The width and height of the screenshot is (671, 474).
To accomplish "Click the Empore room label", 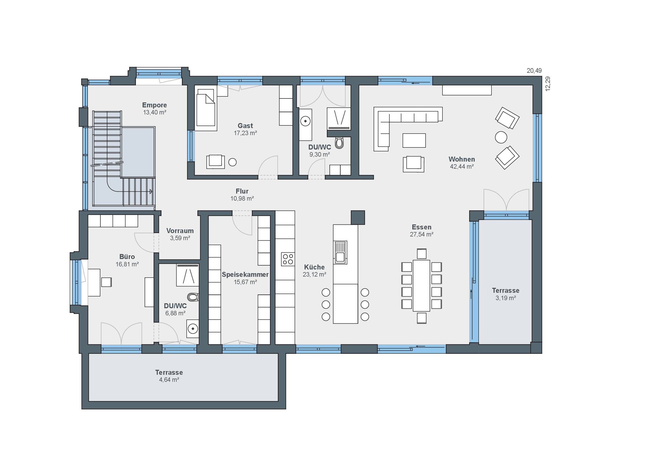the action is [154, 105].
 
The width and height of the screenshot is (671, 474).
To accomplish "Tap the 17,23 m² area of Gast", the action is [245, 133].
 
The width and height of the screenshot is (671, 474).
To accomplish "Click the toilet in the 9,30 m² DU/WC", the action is [339, 143].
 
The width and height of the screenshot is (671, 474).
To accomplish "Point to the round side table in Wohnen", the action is [501, 137].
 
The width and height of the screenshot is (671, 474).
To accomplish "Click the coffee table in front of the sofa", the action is [414, 140].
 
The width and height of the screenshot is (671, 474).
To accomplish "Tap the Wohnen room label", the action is [462, 159].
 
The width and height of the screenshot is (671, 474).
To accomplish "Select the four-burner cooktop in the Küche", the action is [288, 259].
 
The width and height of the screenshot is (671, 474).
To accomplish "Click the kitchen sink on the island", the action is [340, 252].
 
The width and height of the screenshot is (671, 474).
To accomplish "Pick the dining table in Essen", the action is [421, 286].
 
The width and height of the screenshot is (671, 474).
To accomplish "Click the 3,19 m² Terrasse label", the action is [506, 290].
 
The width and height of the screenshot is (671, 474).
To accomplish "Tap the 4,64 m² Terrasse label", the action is [169, 372].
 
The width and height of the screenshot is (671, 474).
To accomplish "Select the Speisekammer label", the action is [245, 274].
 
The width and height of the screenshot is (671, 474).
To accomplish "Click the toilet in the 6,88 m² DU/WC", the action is [193, 297].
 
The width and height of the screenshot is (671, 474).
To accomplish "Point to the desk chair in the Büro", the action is [106, 282].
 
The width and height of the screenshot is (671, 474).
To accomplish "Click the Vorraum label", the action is [180, 231].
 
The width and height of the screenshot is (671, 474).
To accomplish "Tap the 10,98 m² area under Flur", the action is [242, 199].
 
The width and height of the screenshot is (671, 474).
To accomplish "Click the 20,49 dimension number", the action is [534, 71].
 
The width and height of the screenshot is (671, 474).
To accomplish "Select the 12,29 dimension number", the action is [548, 84].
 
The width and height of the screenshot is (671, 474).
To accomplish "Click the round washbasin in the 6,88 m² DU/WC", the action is [193, 329].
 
